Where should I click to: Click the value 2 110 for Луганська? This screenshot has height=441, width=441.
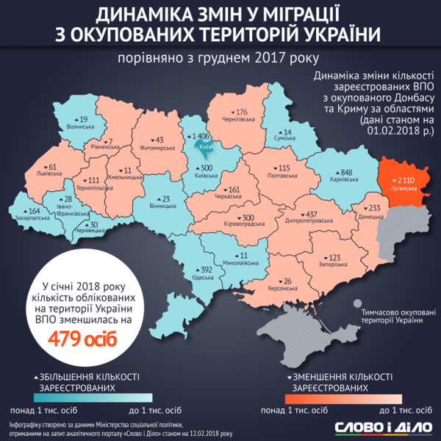(406, 179)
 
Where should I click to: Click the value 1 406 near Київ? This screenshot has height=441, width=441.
(200, 137)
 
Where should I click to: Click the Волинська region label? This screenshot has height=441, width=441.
(79, 126)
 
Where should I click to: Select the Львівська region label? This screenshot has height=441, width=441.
(49, 175)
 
